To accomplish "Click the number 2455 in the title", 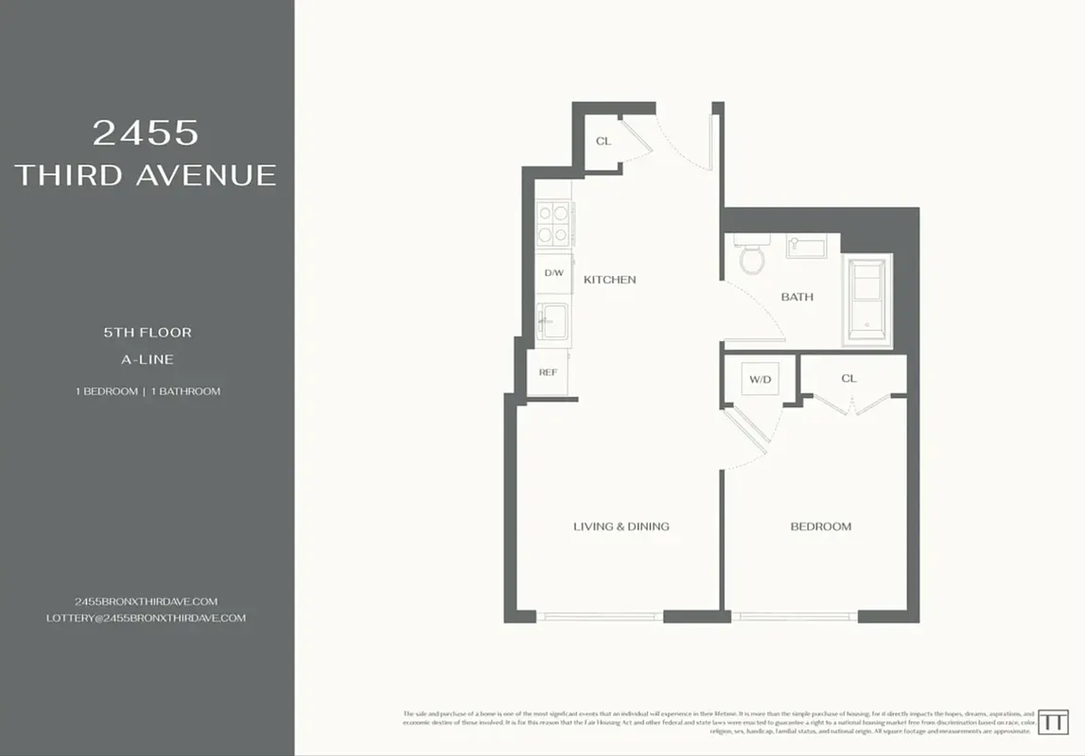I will point(146,132).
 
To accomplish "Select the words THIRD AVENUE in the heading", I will point(146,175).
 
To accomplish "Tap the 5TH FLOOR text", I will point(148,333).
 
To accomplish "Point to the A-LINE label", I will point(148,359).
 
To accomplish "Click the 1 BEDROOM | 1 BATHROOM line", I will point(148,391).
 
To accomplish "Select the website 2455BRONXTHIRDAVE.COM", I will point(146,601).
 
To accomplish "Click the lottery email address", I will point(146,618).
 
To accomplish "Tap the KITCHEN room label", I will point(609,280).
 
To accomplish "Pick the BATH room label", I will point(796,297).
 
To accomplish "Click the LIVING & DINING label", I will point(621,526).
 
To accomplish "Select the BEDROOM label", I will point(820,526).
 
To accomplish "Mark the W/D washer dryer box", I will point(760,380).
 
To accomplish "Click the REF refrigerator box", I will point(548,372).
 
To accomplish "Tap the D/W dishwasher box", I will point(553,273).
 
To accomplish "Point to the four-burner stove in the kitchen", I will point(554,224).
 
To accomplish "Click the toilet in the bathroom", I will point(752,256).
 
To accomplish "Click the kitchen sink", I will point(552,320).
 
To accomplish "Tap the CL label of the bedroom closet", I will point(849,378).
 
